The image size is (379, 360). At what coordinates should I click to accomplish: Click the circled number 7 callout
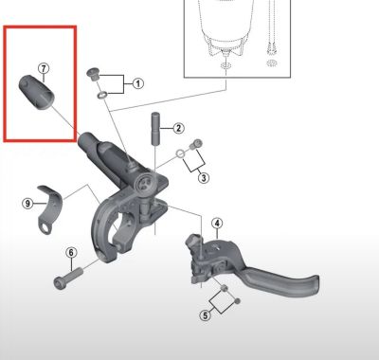pyautogui.click(x=43, y=68)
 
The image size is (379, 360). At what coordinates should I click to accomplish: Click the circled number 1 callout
pyautogui.click(x=137, y=83)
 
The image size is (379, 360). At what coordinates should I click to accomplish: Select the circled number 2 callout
pyautogui.click(x=177, y=128)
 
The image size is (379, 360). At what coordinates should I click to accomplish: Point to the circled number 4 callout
pyautogui.click(x=217, y=225)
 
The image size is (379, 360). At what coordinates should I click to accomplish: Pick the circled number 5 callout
pyautogui.click(x=205, y=315)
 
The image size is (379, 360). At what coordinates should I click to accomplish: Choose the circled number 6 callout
pyautogui.click(x=70, y=252)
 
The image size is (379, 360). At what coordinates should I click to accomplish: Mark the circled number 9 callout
pyautogui.click(x=27, y=203)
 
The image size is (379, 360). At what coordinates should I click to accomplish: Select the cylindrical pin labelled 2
pyautogui.click(x=155, y=127)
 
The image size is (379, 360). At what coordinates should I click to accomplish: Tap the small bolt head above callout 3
pyautogui.click(x=196, y=143)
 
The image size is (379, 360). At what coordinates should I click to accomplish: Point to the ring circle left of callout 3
pyautogui.click(x=180, y=154)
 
